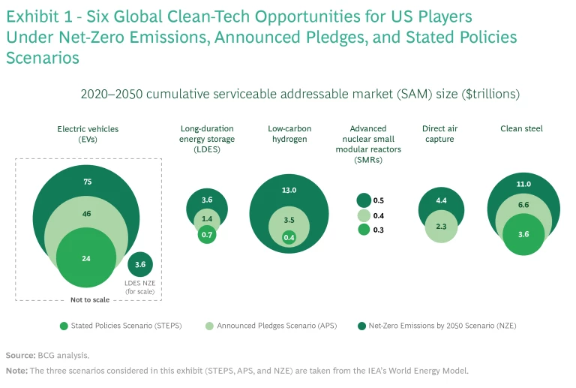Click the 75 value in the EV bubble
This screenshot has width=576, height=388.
[x=88, y=182]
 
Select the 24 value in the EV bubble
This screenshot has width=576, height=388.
[x=86, y=258]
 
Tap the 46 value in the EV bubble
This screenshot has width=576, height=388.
[x=87, y=214]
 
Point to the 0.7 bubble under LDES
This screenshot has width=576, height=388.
[x=206, y=235]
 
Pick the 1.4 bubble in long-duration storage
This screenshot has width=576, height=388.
[x=207, y=219]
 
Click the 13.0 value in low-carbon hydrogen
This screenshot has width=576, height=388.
[x=289, y=191]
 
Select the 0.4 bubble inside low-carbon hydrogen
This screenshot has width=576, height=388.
[x=289, y=238]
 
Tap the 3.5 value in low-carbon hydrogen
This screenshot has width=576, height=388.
[x=289, y=221]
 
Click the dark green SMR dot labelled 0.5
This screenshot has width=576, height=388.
[x=364, y=200]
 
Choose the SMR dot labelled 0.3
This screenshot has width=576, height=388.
[x=364, y=230]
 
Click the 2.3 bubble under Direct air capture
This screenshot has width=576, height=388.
[x=441, y=226]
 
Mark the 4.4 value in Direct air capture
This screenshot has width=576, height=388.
[x=441, y=200]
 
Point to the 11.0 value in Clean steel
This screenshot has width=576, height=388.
[x=523, y=184]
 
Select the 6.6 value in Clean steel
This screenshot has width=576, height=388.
[x=523, y=205]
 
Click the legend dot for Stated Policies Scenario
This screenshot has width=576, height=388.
[x=64, y=326]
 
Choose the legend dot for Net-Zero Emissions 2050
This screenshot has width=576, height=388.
[x=363, y=326]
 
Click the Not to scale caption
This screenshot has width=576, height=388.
[x=90, y=299]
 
